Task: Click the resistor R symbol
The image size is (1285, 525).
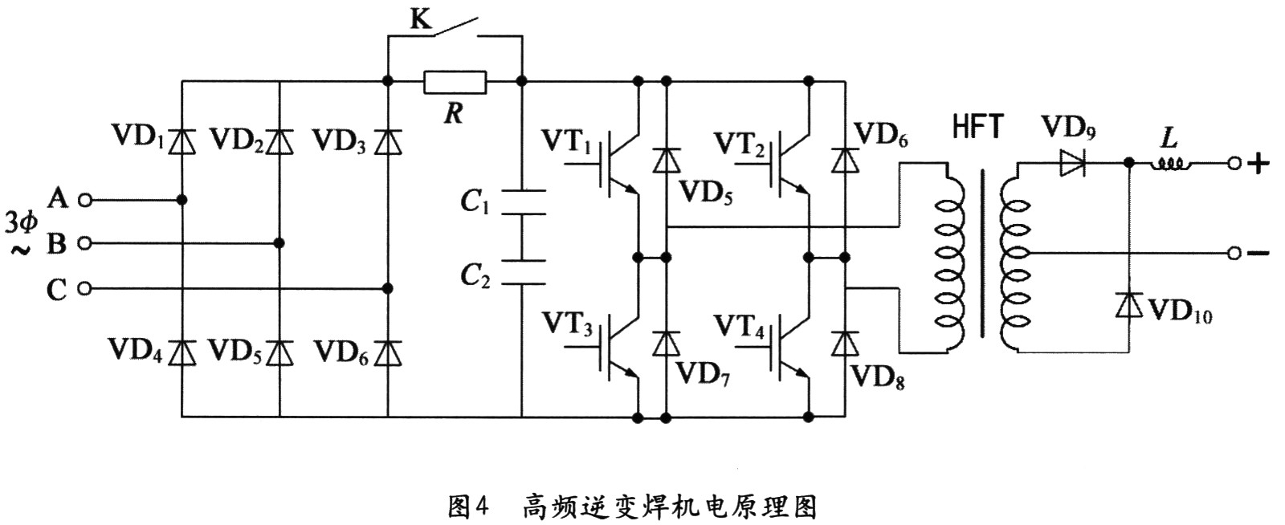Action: pyautogui.click(x=455, y=81)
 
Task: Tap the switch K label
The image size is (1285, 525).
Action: pyautogui.click(x=420, y=19)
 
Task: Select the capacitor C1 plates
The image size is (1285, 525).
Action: pyautogui.click(x=522, y=202)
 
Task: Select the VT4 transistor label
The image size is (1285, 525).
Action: pyautogui.click(x=740, y=326)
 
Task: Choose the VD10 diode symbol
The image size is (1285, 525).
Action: pyautogui.click(x=1129, y=305)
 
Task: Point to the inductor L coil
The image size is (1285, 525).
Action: pyautogui.click(x=1173, y=164)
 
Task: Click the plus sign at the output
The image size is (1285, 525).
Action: pyautogui.click(x=1259, y=164)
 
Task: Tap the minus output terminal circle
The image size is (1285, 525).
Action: pyautogui.click(x=1235, y=254)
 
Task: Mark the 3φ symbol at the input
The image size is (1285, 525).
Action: pyautogui.click(x=21, y=221)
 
